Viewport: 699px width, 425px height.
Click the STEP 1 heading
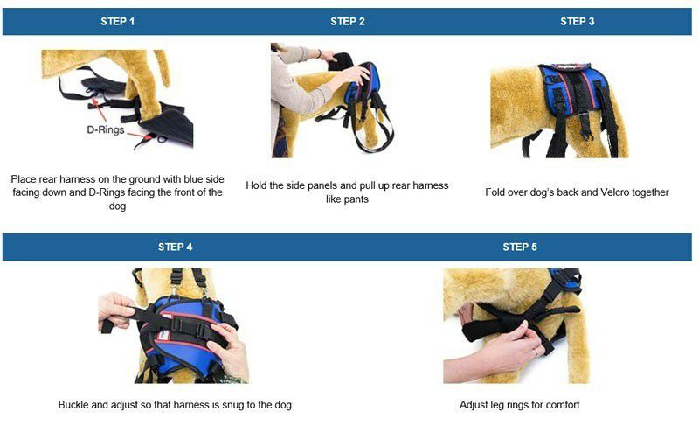point(117,21)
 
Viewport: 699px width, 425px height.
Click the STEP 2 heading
point(348,21)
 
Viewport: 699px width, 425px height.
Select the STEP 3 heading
point(578,21)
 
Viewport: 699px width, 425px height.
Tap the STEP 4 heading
point(176,247)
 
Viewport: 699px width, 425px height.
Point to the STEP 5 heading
point(520,247)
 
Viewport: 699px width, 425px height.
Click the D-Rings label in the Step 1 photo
point(106,129)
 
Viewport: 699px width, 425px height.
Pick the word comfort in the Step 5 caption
point(563,405)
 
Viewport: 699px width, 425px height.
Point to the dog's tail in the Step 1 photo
point(161,66)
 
